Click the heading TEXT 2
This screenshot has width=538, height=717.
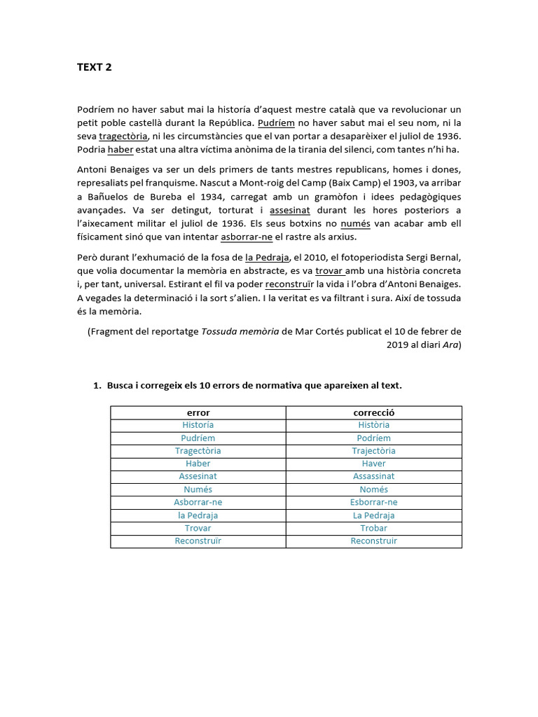coord(94,68)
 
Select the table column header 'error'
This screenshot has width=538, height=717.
coord(198,412)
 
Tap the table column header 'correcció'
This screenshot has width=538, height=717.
coord(373,412)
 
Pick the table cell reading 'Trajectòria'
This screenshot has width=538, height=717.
coord(373,451)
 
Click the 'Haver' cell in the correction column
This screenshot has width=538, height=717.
coord(373,464)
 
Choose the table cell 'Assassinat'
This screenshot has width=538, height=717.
coord(373,477)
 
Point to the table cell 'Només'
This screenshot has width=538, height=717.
coord(373,489)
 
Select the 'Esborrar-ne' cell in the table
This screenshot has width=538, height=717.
coord(373,502)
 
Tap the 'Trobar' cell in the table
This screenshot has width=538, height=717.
coord(373,528)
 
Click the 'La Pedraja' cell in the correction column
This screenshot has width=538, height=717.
coord(373,515)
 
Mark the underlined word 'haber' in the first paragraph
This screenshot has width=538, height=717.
coord(120,150)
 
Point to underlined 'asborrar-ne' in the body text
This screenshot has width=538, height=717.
coord(252,237)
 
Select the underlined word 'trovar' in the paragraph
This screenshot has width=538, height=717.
coord(329,270)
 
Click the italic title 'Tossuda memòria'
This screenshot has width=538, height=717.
coord(240,331)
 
